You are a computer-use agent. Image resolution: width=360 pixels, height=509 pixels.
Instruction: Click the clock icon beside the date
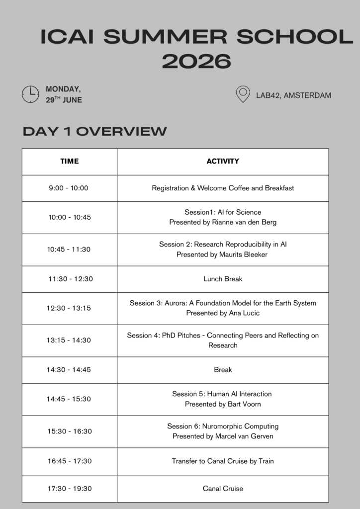point(30,94)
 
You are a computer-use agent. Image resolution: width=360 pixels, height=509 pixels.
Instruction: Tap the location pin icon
point(243,94)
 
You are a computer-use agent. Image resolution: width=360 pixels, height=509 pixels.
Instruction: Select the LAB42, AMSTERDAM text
point(293,95)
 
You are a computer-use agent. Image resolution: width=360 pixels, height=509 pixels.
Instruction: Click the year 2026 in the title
point(196,62)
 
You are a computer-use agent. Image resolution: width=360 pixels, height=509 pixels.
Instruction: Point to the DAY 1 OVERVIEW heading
point(94,131)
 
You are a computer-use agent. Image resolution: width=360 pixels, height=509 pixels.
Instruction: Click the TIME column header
point(70,161)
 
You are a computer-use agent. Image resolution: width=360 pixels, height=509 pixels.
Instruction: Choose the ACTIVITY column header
point(223,161)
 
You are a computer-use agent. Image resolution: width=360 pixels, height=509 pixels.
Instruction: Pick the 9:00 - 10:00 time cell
point(69,188)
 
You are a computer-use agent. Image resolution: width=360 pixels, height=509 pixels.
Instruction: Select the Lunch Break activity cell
point(223,279)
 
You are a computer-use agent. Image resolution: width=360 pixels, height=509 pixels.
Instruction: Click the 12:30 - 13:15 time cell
point(69,308)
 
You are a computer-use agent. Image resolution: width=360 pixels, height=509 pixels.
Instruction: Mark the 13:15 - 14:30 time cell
point(69,340)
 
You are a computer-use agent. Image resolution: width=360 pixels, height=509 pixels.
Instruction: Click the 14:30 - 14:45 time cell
point(69,370)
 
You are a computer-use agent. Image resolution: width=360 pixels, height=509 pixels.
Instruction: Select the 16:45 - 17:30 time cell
point(70,461)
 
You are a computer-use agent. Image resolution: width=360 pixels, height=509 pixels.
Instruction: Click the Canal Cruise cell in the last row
point(223,489)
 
